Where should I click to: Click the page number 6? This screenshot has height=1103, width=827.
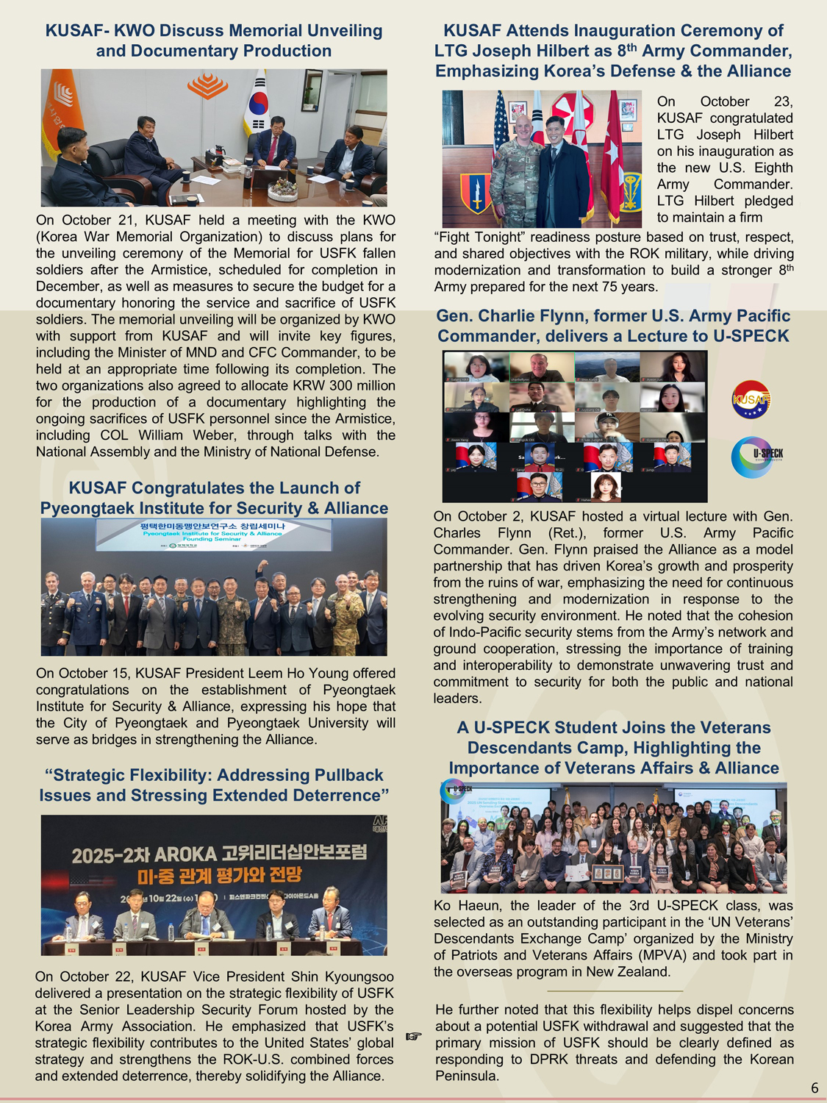[815, 1088]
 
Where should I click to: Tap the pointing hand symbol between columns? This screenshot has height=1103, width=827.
[414, 1036]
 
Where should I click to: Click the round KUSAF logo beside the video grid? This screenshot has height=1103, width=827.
[751, 399]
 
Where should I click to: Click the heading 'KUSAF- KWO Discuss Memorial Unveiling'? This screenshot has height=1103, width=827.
[213, 31]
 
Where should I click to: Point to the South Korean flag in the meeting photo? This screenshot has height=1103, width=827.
[258, 103]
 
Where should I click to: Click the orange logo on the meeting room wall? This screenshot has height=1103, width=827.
[207, 86]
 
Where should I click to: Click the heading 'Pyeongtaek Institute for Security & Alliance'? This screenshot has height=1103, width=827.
[214, 508]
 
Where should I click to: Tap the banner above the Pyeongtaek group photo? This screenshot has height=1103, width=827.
[213, 535]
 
